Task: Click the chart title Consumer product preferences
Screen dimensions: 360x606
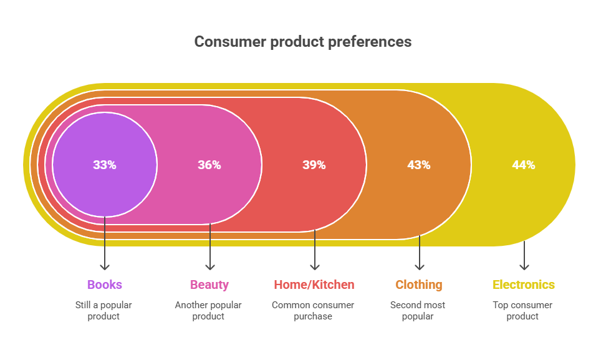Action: click(x=302, y=42)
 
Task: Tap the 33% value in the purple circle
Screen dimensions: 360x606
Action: click(x=105, y=165)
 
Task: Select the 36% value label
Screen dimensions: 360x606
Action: click(x=209, y=165)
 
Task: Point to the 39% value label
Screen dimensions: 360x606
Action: click(x=314, y=165)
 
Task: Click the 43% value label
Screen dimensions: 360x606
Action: click(x=419, y=165)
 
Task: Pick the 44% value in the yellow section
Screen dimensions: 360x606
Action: click(x=524, y=165)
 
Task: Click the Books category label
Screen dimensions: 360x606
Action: click(x=105, y=285)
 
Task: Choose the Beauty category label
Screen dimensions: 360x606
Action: click(x=209, y=285)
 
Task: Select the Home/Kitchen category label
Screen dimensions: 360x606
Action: click(x=314, y=285)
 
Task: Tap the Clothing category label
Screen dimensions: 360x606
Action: click(x=419, y=285)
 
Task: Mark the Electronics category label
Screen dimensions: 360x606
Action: click(x=524, y=285)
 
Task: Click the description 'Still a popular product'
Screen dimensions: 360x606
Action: click(x=105, y=311)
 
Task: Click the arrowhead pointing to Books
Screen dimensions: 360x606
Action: click(x=105, y=267)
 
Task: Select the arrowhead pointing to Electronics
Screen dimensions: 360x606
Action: click(x=524, y=267)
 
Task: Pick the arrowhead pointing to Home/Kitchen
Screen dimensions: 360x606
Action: click(x=314, y=267)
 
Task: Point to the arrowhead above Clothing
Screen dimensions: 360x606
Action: click(x=419, y=267)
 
